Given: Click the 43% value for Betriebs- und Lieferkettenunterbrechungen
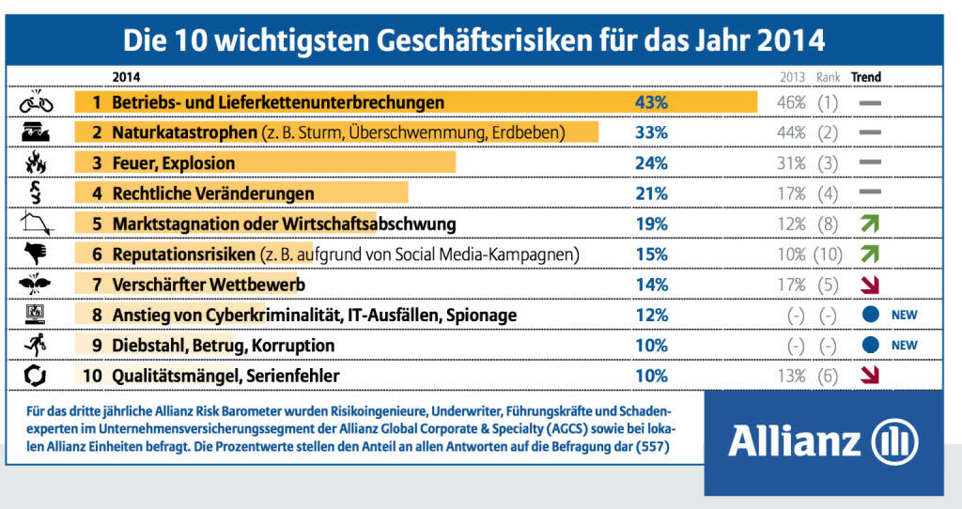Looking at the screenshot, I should click(651, 102).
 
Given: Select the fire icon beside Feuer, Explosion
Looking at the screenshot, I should click(36, 163).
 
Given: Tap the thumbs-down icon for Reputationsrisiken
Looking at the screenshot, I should click(36, 254).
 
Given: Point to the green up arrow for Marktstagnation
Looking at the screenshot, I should click(869, 224).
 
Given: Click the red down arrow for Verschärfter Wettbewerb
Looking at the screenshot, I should click(869, 285).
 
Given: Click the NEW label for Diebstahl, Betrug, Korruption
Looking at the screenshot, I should click(904, 346).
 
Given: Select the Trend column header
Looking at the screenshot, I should click(865, 77).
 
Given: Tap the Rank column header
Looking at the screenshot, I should click(828, 77).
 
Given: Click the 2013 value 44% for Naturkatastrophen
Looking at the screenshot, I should click(791, 133).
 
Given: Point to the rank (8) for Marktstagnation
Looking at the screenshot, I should click(827, 224).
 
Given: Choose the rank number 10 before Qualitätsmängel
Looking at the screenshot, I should click(91, 377).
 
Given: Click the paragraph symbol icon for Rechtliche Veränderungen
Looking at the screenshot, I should click(36, 193).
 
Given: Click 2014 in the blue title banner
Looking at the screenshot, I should click(787, 41).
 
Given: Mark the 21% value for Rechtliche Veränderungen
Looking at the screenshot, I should click(651, 193).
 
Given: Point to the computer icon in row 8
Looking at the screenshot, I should click(36, 315).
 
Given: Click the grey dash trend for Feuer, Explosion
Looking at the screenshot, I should click(869, 163).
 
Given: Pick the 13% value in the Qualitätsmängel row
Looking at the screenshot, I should click(791, 377).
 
